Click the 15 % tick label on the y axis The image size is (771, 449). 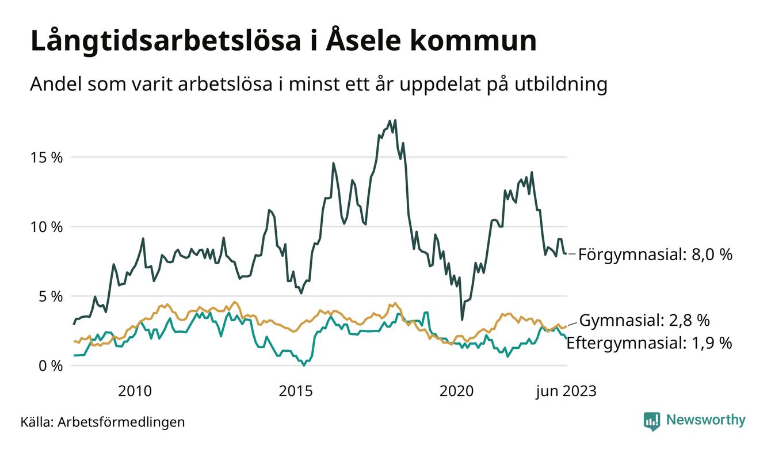pyautogui.click(x=46, y=157)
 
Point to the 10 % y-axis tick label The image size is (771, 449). pyautogui.click(x=46, y=227)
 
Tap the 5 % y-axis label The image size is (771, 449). pyautogui.click(x=49, y=296)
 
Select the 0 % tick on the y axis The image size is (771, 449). pyautogui.click(x=49, y=366)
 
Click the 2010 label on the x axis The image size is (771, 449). pyautogui.click(x=135, y=391)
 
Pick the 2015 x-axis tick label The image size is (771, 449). pyautogui.click(x=296, y=391)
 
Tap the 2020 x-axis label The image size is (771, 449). pyautogui.click(x=456, y=391)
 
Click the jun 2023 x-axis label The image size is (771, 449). pyautogui.click(x=566, y=391)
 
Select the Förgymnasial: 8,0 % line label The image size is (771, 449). pyautogui.click(x=655, y=254)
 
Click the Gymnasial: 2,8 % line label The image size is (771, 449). pyautogui.click(x=644, y=320)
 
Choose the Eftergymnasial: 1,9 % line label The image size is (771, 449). pyautogui.click(x=649, y=344)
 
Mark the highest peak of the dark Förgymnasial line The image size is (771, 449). pyautogui.click(x=395, y=120)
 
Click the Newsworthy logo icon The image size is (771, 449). pyautogui.click(x=651, y=421)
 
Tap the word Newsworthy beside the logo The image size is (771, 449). pyautogui.click(x=705, y=420)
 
